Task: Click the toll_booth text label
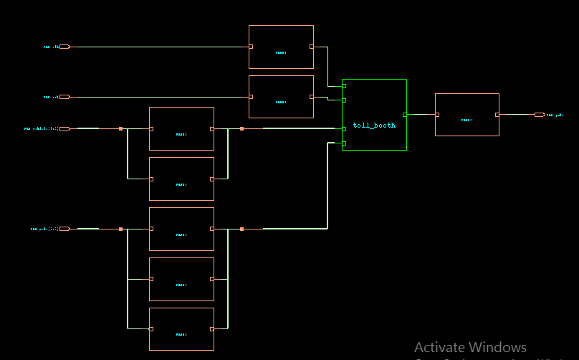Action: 374,125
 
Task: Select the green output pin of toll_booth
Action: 405,115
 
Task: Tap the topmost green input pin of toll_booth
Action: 344,86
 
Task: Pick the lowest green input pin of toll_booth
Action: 344,143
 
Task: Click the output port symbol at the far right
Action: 540,115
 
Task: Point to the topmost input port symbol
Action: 64,47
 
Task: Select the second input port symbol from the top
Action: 64,97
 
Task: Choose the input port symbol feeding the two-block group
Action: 64,129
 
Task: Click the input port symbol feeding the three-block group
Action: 64,229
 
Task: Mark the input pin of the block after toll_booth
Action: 437,115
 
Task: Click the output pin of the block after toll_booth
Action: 497,115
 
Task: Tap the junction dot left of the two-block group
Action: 121,129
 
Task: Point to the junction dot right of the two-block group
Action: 242,129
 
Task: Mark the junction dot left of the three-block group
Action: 121,229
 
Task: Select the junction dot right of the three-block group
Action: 242,229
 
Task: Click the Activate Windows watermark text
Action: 470,348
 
